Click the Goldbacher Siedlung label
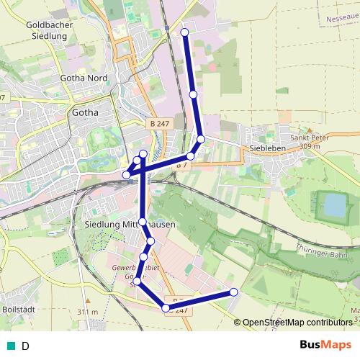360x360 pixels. tap(47, 30)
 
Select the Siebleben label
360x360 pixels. tap(266, 148)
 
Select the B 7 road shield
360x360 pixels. tap(183, 165)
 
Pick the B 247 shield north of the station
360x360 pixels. tap(163, 125)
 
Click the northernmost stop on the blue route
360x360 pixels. tap(185, 32)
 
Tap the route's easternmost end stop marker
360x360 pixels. tap(233, 292)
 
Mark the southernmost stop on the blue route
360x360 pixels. tap(166, 308)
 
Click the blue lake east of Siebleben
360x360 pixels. tap(334, 205)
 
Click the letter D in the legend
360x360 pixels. tap(25, 346)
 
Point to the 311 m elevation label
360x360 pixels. tap(88, 312)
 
